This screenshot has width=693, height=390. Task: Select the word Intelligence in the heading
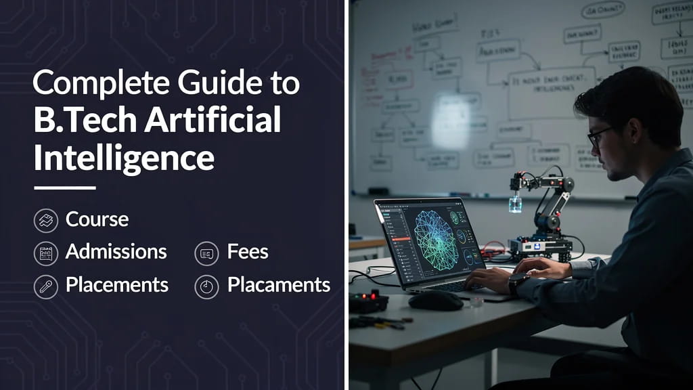[x=124, y=158]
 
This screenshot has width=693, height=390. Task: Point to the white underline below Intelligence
[x=64, y=188]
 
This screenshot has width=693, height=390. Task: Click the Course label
[x=97, y=219]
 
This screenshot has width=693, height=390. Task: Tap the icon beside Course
[x=45, y=220]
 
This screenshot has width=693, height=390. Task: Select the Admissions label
[x=116, y=252]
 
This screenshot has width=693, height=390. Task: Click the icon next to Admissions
[x=45, y=253]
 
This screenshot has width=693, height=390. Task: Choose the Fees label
[x=248, y=252]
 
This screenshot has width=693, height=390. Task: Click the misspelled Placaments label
[x=278, y=285]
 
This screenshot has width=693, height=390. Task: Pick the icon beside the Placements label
[x=45, y=286]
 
